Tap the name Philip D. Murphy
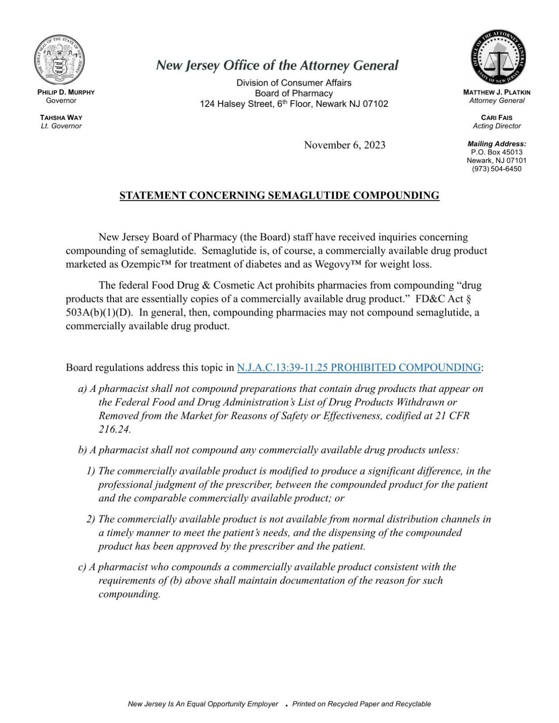66,92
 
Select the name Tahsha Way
61,117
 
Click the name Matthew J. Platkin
497,92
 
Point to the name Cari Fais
497,117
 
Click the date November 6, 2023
344,145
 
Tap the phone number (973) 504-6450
497,169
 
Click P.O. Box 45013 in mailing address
497,152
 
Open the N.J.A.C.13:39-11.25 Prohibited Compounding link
358,367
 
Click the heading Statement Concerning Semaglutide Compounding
279,195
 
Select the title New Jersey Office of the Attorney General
277,66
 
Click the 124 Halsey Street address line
294,104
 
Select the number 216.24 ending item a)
114,429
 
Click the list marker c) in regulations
82,567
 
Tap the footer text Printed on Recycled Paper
361,704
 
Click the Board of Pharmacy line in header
294,93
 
